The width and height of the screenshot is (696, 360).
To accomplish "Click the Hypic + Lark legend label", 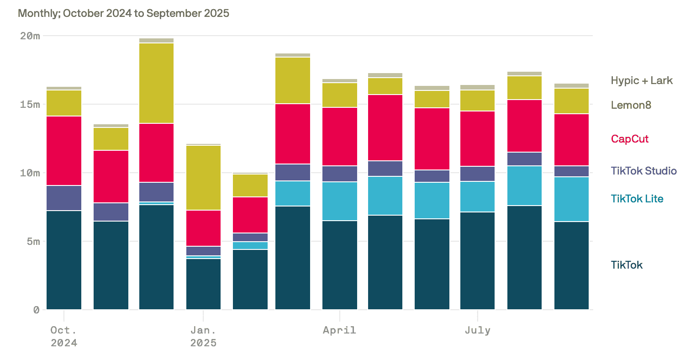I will (x=641, y=80).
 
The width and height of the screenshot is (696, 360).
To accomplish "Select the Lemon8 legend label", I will (x=631, y=105).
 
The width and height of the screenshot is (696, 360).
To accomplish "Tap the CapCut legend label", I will (x=629, y=139).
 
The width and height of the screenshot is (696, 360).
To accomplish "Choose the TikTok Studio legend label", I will (x=643, y=171).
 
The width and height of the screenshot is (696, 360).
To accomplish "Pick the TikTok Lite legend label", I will (x=637, y=199).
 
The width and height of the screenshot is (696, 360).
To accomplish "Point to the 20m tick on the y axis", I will (x=30, y=36).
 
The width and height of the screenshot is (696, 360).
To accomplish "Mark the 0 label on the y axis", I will (x=37, y=310).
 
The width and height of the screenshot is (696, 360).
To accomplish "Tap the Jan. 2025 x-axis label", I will (x=203, y=336).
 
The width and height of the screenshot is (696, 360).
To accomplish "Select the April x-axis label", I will (x=339, y=330).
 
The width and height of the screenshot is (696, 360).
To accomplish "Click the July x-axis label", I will (x=477, y=330).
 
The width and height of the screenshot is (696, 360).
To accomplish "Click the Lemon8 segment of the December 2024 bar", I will (x=156, y=83).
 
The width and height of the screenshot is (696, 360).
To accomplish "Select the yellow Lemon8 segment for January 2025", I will (x=203, y=178).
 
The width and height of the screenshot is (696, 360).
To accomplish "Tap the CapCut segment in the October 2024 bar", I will (x=64, y=151).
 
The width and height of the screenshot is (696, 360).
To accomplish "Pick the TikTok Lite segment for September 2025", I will (x=571, y=199).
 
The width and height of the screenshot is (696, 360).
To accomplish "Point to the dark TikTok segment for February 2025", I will (x=250, y=280).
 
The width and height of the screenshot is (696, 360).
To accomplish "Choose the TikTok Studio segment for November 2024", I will (x=111, y=212).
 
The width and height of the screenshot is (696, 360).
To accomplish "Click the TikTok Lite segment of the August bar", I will (x=524, y=185).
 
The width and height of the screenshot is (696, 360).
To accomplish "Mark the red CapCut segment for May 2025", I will (x=385, y=127).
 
